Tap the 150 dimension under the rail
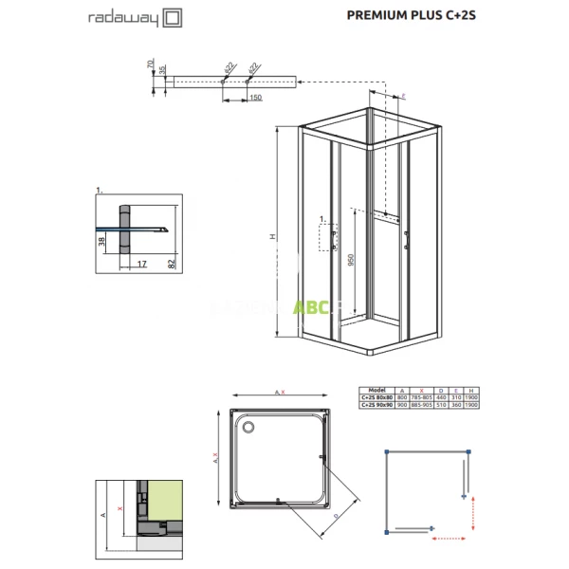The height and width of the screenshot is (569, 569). point(255,98)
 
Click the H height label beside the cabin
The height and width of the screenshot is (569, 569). point(269,237)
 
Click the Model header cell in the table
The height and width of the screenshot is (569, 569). point(377,390)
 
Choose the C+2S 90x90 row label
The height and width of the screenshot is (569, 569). point(377,405)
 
